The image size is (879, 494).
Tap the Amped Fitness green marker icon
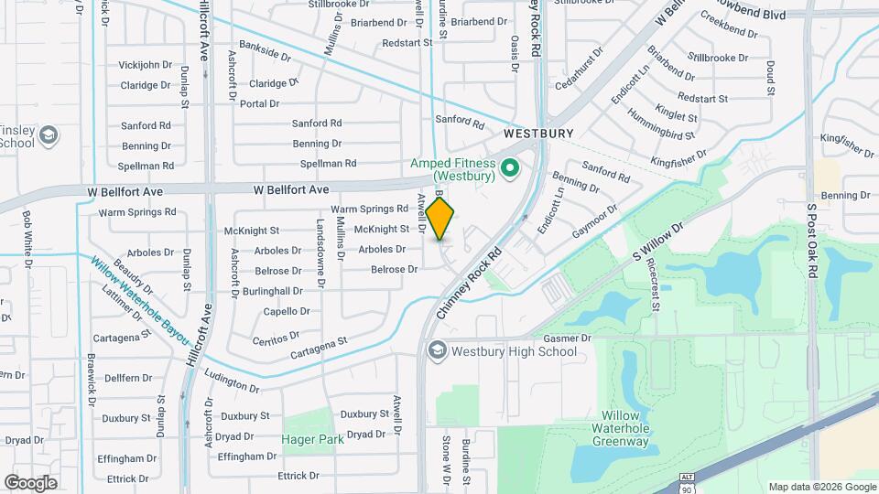click(x=512, y=168)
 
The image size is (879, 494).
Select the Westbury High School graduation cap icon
click(x=437, y=350)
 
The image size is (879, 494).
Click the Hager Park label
click(x=313, y=439)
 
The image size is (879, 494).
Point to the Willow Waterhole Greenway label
click(x=620, y=428)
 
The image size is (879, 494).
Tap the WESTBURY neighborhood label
click(x=538, y=134)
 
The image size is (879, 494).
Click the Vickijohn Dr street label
click(x=146, y=65)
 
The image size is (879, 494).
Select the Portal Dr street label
click(x=259, y=103)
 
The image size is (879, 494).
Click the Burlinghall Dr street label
click(x=272, y=291)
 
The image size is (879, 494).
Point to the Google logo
click(x=30, y=482)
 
